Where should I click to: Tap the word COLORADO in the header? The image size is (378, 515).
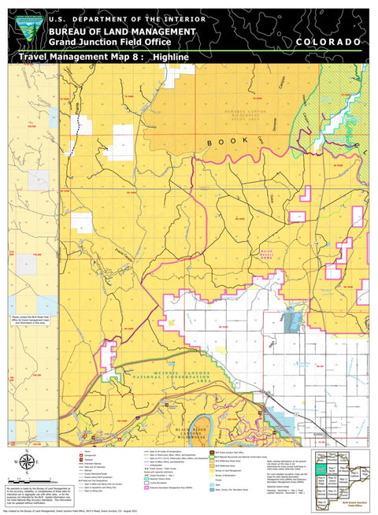pyautogui.click(x=329, y=41)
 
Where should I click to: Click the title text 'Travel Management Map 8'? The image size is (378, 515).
pyautogui.click(x=80, y=57)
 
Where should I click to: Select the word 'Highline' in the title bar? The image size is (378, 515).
pyautogui.click(x=170, y=57)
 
